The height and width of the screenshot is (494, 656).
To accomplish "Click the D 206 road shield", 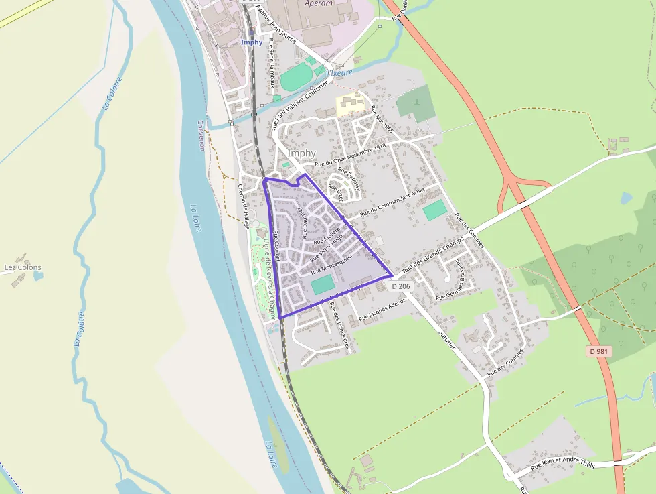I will (400, 286).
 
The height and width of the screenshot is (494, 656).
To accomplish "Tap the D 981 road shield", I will (599, 351).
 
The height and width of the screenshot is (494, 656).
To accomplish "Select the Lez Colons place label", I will (23, 267).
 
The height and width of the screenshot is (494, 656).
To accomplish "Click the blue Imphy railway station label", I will (252, 42).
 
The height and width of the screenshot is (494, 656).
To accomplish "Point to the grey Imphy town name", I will (301, 153).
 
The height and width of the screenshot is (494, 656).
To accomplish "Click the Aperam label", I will (318, 3).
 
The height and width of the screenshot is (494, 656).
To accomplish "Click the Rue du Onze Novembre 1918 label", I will (350, 155).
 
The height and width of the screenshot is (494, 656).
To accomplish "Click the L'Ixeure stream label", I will (339, 72).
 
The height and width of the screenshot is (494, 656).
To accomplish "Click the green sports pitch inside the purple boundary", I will (322, 284).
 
